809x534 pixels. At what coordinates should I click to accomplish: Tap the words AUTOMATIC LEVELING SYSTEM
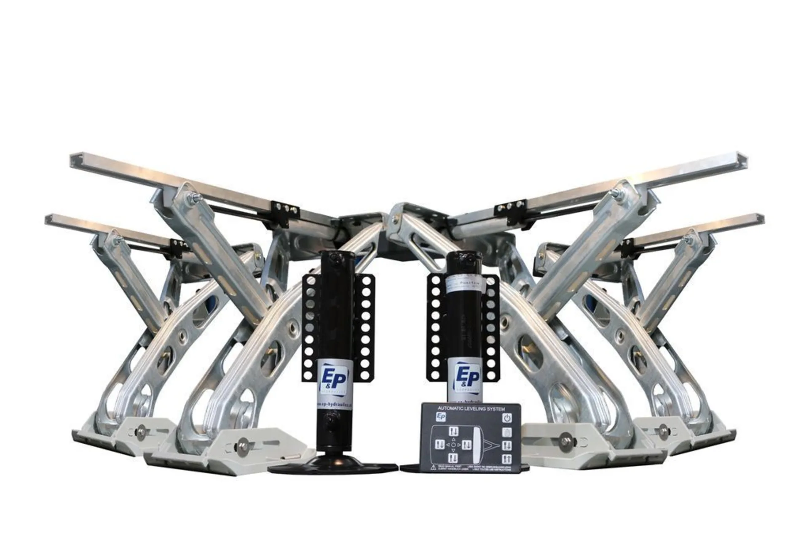pos(471,409)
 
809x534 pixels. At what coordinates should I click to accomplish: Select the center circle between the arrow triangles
pos(453,445)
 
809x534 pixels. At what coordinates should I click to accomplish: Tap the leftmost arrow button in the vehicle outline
pos(439,445)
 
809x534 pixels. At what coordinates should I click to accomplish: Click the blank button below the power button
pos(507,432)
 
